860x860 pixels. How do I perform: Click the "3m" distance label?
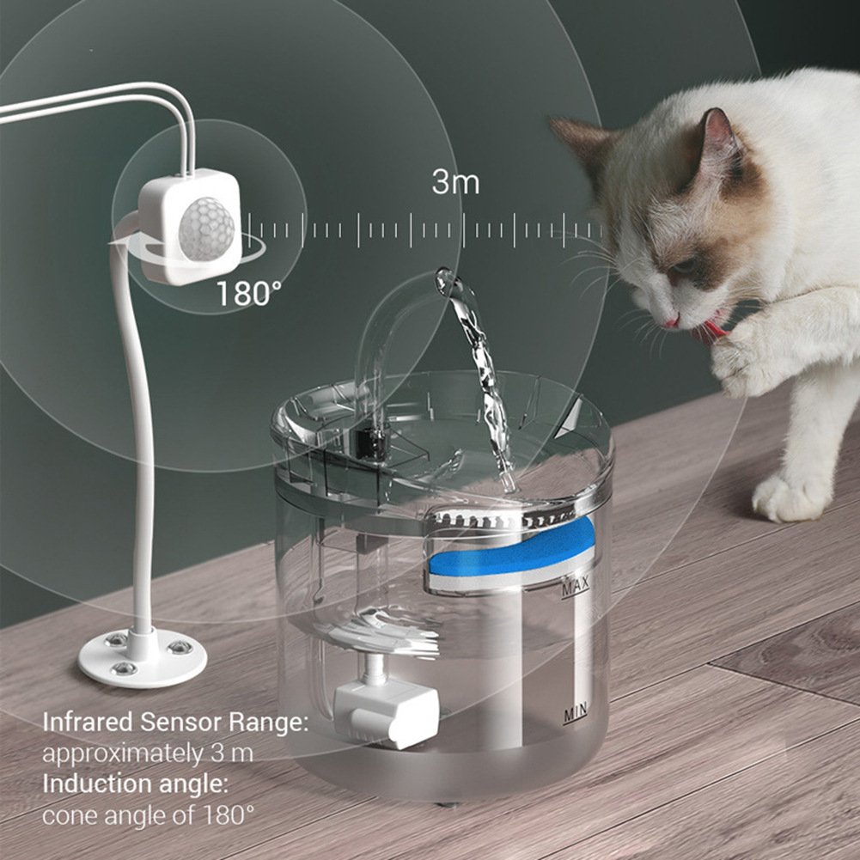click(x=455, y=183)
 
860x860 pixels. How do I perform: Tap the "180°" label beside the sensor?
click(x=247, y=294)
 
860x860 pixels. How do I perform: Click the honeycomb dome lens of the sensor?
click(x=205, y=229)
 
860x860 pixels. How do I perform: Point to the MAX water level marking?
click(x=574, y=589)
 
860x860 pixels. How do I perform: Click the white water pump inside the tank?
click(x=387, y=712)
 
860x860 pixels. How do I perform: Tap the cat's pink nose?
click(x=670, y=321)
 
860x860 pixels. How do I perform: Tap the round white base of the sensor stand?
click(x=142, y=657)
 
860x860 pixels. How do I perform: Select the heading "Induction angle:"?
click(x=135, y=784)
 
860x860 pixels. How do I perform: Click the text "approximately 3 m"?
click(x=148, y=753)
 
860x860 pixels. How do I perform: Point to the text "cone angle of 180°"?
click(x=148, y=814)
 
